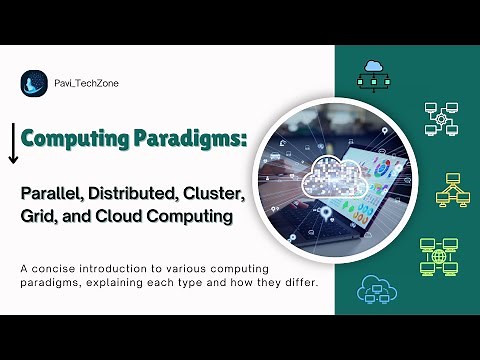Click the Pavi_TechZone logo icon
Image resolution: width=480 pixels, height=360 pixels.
point(34,85)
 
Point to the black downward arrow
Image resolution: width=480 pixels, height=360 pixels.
point(13,142)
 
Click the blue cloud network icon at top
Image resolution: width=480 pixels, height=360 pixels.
point(375,70)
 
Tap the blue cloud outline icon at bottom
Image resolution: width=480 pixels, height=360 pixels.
point(375,289)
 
